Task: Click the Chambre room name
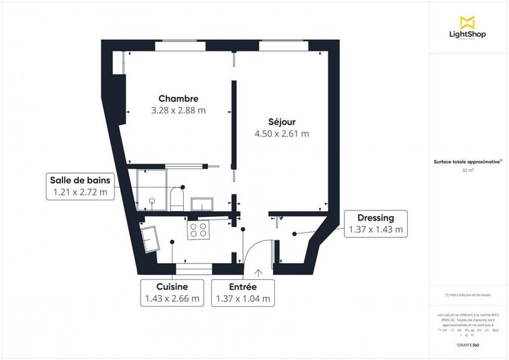coord(178,99)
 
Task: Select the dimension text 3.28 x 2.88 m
coord(178,110)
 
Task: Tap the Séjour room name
coord(281,121)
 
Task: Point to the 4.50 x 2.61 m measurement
coord(281,134)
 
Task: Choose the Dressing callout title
coord(376,218)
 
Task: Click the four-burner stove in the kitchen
coord(199,230)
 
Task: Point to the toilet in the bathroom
coord(178,198)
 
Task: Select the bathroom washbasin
coord(205,204)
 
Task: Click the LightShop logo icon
coord(468,21)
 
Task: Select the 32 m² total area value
coord(468,170)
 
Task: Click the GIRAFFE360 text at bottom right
coord(468,343)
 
